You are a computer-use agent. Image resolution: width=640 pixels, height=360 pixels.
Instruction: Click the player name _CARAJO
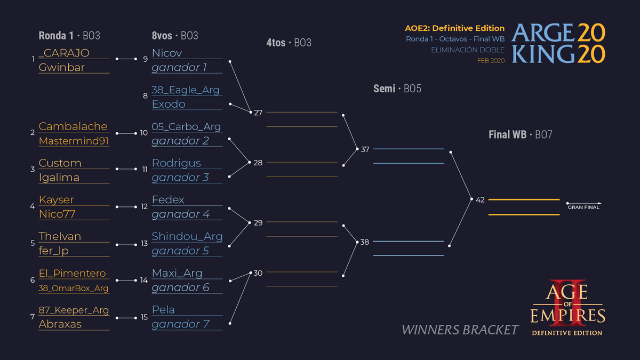point(64,53)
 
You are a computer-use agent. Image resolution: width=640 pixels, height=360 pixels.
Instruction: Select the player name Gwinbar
point(62,67)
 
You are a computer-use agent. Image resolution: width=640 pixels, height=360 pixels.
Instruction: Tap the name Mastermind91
point(74,141)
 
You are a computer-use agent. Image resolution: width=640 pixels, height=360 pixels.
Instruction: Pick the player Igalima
point(59,178)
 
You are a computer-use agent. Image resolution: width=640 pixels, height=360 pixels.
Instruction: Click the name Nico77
point(57,214)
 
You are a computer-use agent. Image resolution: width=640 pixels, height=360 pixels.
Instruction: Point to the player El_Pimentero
point(72,273)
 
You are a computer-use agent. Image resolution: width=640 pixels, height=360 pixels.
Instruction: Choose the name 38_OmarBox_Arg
point(74,288)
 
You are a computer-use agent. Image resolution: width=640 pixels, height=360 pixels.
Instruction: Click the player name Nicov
point(167,53)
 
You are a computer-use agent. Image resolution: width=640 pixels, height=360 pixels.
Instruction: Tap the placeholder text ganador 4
point(181,214)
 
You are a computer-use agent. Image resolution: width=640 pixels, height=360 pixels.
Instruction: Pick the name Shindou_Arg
point(187,236)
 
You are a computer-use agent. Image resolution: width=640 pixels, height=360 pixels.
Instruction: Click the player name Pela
point(163,309)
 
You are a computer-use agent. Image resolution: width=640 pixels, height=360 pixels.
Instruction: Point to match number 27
point(258,113)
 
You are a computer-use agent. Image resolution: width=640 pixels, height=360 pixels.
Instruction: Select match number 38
point(364,242)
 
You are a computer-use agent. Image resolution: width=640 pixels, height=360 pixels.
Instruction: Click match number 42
point(480,199)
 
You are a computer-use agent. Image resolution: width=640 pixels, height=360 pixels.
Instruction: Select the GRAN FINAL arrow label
point(583,207)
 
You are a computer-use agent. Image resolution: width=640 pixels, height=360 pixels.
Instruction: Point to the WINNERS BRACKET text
point(460,330)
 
